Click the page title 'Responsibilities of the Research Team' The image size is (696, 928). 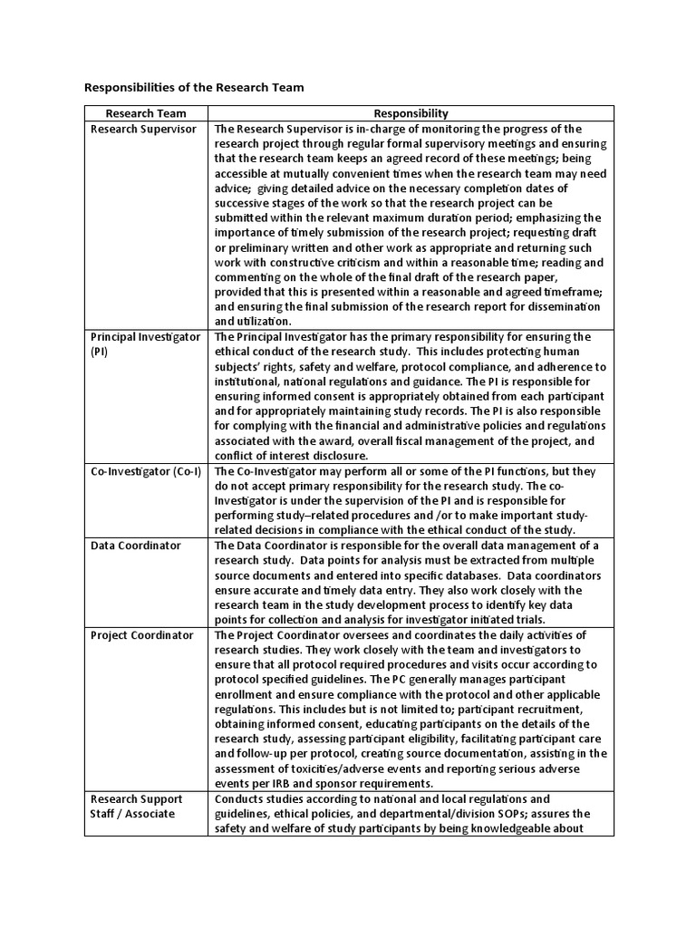(194, 88)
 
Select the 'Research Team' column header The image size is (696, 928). (146, 113)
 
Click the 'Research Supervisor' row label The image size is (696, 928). (143, 129)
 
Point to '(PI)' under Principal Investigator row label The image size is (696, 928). (100, 352)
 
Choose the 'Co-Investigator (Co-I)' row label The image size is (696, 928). (146, 471)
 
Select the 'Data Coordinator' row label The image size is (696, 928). (135, 546)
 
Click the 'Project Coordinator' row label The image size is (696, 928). (141, 635)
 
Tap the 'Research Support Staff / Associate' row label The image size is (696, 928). (136, 806)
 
